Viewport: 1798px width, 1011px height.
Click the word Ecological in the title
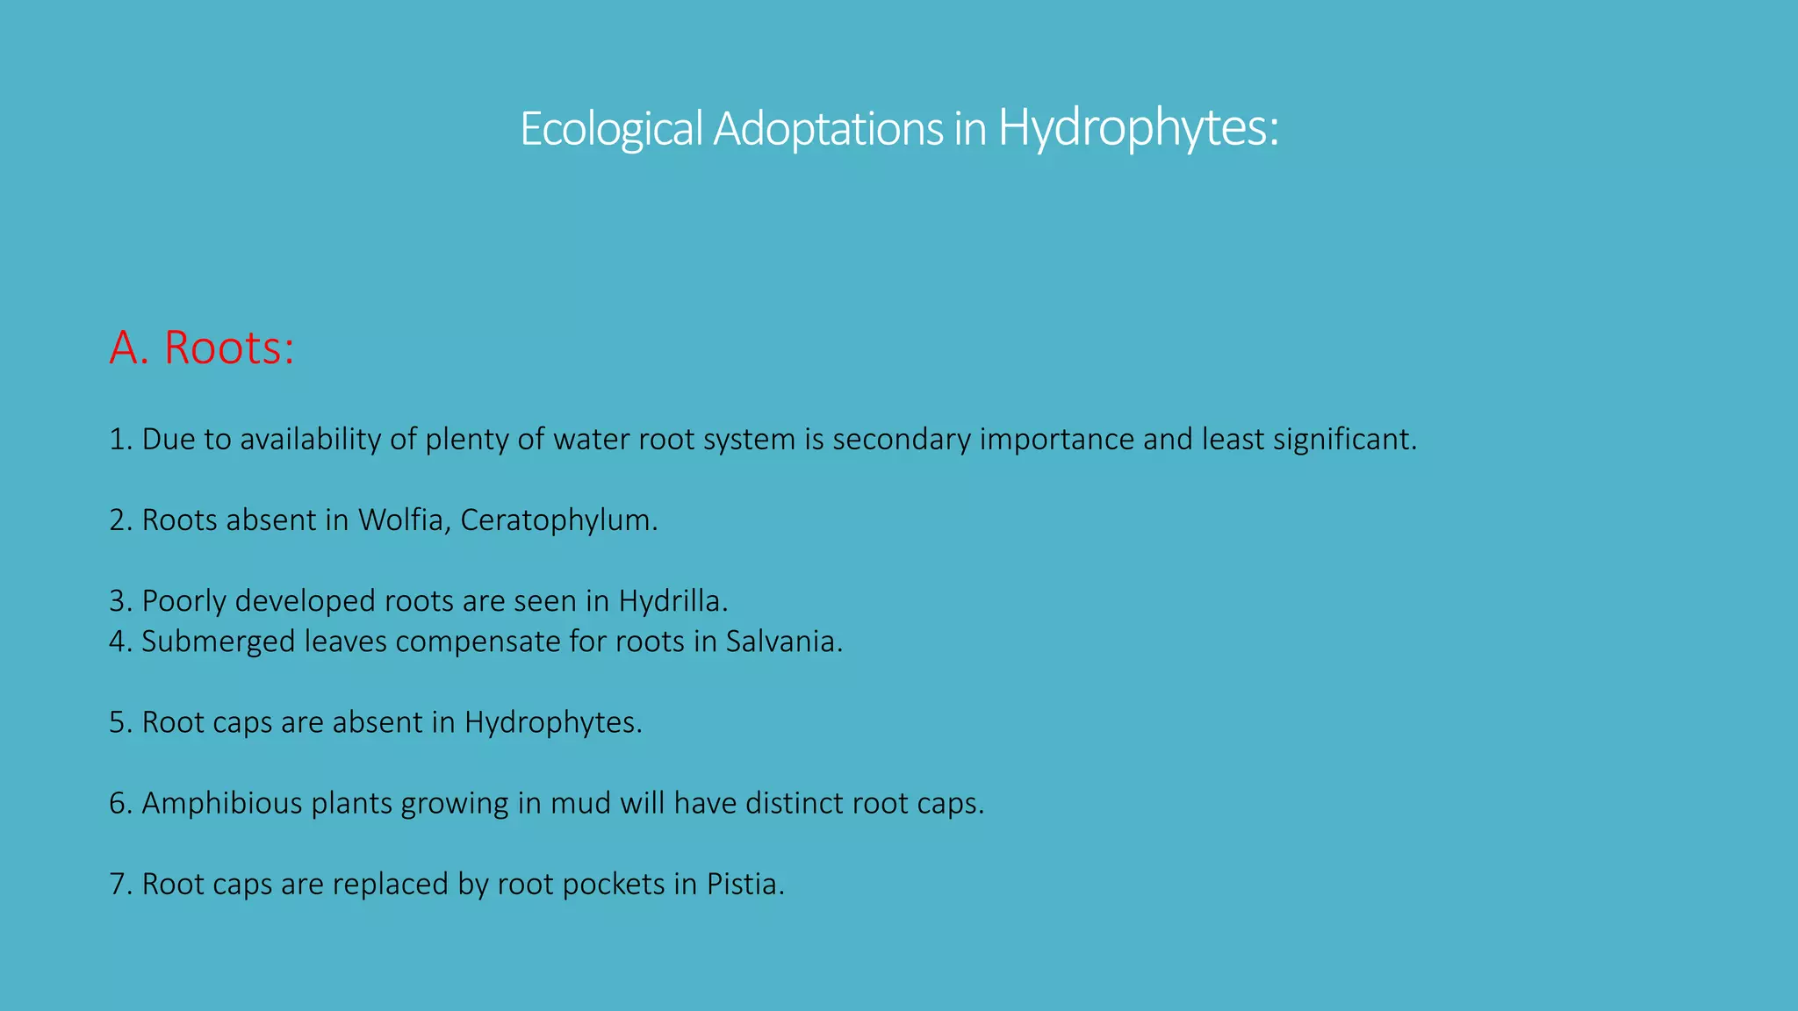(x=611, y=129)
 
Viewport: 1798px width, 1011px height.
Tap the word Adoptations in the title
(x=828, y=129)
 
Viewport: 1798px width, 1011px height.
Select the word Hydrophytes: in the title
(x=1139, y=129)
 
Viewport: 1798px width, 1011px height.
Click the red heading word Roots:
(x=229, y=348)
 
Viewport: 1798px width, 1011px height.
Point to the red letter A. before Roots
(x=128, y=348)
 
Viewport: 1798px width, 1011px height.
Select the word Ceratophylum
(x=558, y=520)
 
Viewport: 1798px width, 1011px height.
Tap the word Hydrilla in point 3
(x=672, y=601)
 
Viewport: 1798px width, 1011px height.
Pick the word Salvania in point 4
(x=783, y=642)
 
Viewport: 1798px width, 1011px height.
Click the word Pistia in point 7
(x=744, y=884)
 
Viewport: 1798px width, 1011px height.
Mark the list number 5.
(x=120, y=722)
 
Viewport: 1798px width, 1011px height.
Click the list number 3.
(x=120, y=601)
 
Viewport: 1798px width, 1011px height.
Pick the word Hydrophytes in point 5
(x=552, y=722)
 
